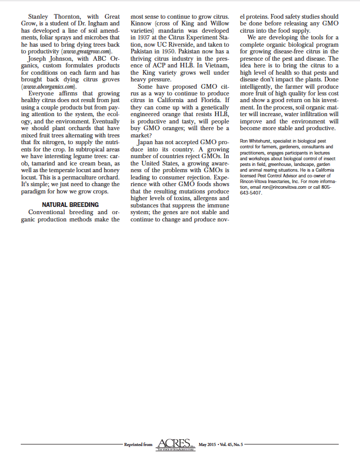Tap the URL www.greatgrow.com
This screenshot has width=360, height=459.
point(86,52)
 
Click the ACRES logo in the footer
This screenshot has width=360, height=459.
point(176,443)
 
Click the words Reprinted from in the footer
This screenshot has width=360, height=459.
point(139,444)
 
